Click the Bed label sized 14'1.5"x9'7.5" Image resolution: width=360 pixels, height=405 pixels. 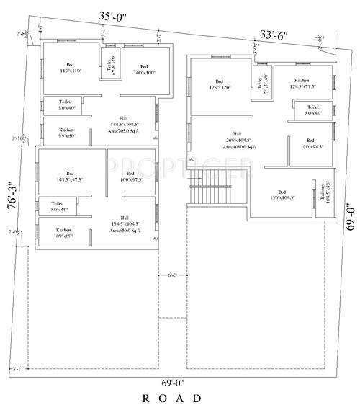coord(70,177)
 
